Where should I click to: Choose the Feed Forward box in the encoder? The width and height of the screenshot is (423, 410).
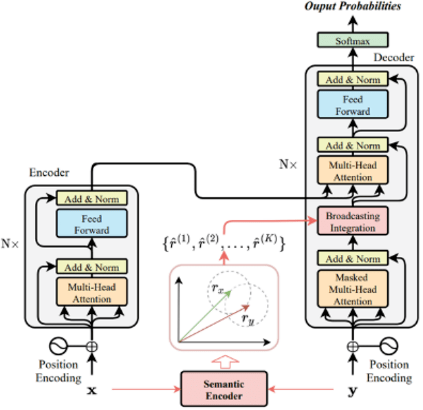pyautogui.click(x=91, y=225)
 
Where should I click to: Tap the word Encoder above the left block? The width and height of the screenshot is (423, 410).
pyautogui.click(x=48, y=174)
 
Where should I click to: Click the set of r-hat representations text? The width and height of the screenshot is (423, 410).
pyautogui.click(x=225, y=242)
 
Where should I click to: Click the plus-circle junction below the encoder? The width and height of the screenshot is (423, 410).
pyautogui.click(x=91, y=347)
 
